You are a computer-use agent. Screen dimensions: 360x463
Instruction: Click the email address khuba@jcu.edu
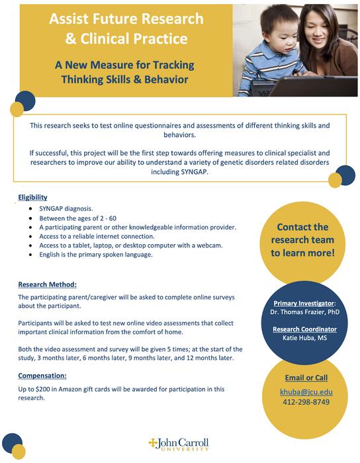coord(306,392)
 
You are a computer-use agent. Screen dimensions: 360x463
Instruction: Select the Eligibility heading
coord(32,197)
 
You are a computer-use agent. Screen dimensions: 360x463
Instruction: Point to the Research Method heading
coord(48,284)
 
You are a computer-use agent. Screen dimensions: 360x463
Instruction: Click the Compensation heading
coord(46,376)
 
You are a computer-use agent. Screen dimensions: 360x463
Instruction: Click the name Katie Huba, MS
coord(306,339)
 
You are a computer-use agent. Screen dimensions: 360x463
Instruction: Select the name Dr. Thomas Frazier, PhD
coord(306,312)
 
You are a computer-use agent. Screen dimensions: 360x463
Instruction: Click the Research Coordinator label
coord(306,329)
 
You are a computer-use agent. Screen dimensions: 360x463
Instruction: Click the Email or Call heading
coord(306,378)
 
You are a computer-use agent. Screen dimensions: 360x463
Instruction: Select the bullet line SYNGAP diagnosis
coord(65,208)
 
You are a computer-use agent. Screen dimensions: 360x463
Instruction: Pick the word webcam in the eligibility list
coord(208,245)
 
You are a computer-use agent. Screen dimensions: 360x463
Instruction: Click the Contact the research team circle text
coord(302,239)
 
